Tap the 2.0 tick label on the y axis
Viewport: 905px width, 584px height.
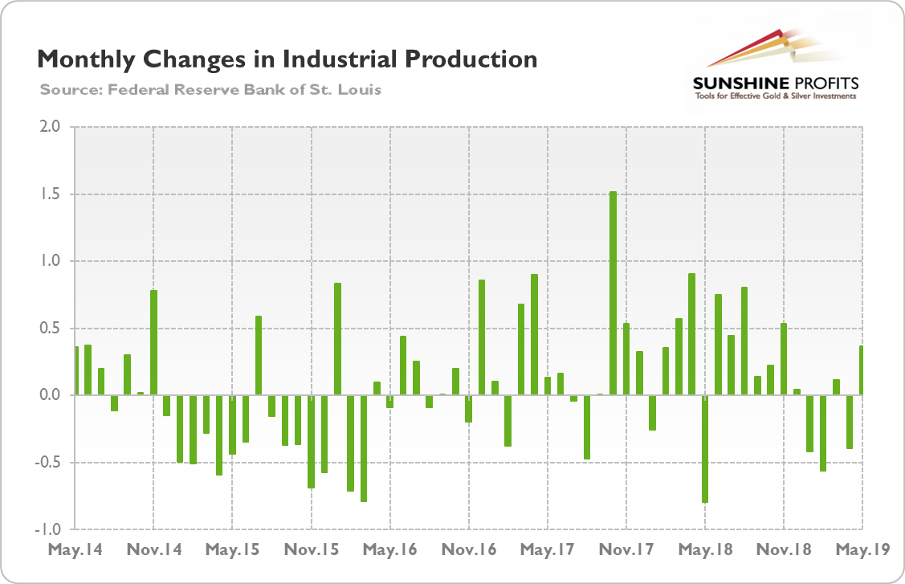51,127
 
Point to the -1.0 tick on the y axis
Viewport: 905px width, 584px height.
50,529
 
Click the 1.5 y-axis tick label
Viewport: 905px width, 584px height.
51,194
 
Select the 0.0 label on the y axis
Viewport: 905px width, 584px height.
51,395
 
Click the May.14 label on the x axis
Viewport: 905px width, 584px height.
74,550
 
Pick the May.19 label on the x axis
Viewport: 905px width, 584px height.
862,550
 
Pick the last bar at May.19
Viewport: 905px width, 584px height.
861,370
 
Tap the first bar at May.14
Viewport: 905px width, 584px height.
76,370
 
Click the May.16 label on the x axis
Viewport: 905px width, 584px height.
389,550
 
